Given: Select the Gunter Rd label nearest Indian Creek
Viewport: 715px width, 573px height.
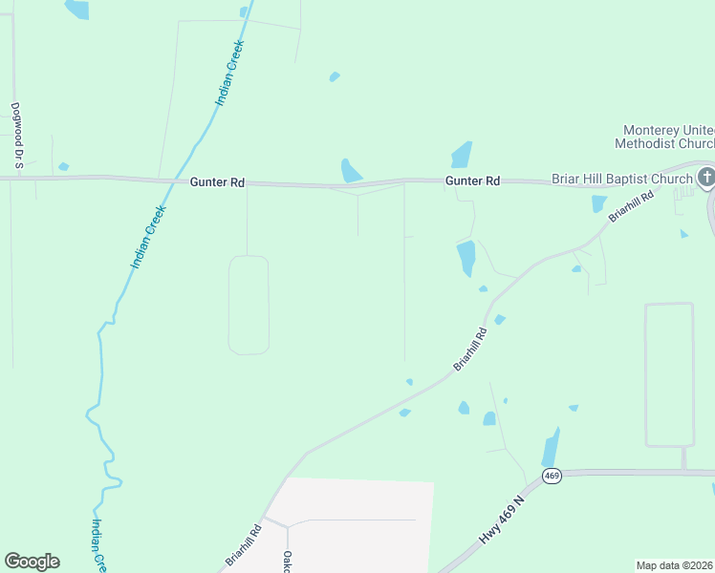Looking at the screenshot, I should (x=217, y=181).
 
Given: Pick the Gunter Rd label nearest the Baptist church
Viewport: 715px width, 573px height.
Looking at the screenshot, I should (x=472, y=180).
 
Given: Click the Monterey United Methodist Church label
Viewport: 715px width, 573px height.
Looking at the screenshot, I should (x=662, y=137).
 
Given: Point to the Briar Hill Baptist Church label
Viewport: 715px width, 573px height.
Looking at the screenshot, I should (x=621, y=179).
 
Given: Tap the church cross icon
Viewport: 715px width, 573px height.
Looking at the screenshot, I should (x=705, y=177).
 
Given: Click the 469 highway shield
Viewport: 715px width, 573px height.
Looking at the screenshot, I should (x=551, y=475).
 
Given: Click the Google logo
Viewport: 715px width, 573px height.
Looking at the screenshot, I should (x=32, y=562).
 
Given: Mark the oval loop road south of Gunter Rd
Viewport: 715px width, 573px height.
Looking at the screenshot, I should (x=249, y=305).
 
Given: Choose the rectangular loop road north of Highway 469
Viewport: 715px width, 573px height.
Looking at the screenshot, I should (x=668, y=374).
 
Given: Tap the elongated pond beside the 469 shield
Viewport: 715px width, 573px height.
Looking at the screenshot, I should (x=551, y=447).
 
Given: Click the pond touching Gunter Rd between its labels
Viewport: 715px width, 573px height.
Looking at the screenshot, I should (x=351, y=170).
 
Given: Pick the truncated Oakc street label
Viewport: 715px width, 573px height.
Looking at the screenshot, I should (x=286, y=561).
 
